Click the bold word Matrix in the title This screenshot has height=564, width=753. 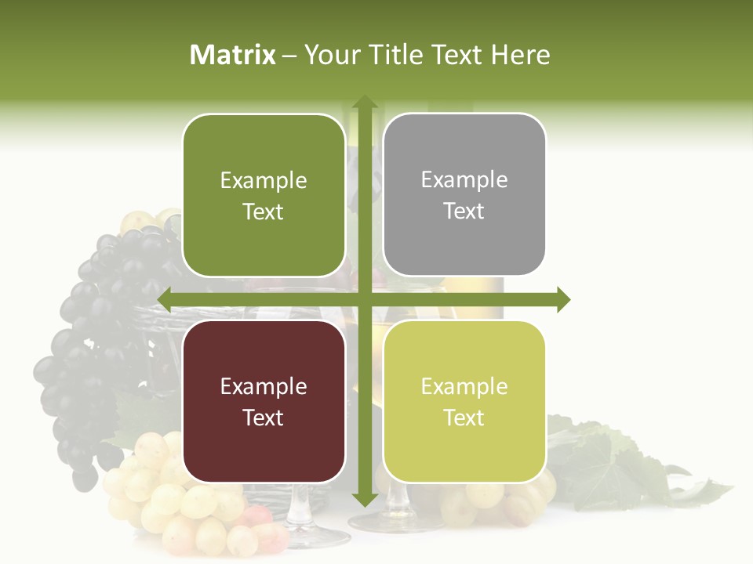233,55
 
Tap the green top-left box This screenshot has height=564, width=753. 264,196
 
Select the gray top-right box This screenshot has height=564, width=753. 464,195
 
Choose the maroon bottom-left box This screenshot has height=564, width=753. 264,401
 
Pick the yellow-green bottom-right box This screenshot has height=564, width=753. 464,401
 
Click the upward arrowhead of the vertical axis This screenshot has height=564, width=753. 364,102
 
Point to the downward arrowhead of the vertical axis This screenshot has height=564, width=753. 364,499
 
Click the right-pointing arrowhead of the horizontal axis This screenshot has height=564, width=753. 562,299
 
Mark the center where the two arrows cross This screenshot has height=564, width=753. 364,299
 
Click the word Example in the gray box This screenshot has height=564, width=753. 464,180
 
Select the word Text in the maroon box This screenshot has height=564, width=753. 264,418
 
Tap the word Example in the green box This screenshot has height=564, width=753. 264,181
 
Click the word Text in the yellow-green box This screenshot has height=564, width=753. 464,418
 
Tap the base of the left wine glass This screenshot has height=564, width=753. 314,537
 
